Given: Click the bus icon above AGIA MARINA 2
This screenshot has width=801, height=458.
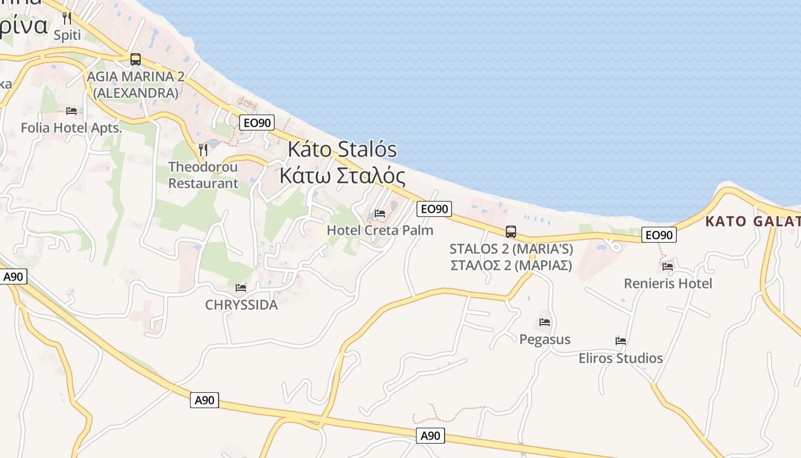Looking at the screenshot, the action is [136, 59].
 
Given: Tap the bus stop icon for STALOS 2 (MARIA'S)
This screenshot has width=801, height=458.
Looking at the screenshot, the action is [510, 232].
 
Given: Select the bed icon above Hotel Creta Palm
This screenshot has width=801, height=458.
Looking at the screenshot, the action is [379, 214].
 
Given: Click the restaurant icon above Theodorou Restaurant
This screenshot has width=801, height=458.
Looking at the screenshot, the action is [203, 149].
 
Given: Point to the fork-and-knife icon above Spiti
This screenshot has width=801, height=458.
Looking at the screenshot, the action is [68, 18].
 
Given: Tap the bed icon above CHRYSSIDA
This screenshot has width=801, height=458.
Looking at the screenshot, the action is [241, 287].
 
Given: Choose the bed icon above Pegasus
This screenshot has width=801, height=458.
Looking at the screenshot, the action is [544, 322].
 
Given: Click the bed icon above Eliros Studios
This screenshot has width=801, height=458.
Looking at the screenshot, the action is [620, 341].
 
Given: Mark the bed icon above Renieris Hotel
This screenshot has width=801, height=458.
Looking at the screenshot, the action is [667, 266].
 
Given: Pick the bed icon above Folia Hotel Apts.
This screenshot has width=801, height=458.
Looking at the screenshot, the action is [71, 111].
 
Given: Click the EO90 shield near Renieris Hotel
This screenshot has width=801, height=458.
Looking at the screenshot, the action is [659, 235].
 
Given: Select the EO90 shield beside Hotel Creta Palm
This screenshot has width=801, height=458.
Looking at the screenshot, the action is [434, 209].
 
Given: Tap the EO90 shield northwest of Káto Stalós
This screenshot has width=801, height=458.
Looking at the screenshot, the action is [257, 122].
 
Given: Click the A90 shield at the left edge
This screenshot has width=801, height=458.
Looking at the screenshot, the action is [13, 277].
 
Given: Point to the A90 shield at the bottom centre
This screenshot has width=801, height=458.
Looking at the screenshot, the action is [430, 436].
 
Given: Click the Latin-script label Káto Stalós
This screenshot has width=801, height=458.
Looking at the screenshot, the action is [342, 149].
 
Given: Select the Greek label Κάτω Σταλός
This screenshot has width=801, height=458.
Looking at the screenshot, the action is [342, 176].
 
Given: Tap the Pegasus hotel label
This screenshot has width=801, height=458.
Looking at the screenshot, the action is [545, 339].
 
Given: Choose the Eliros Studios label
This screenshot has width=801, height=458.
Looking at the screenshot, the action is [620, 358].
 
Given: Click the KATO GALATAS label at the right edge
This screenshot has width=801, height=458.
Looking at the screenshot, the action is [752, 222].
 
